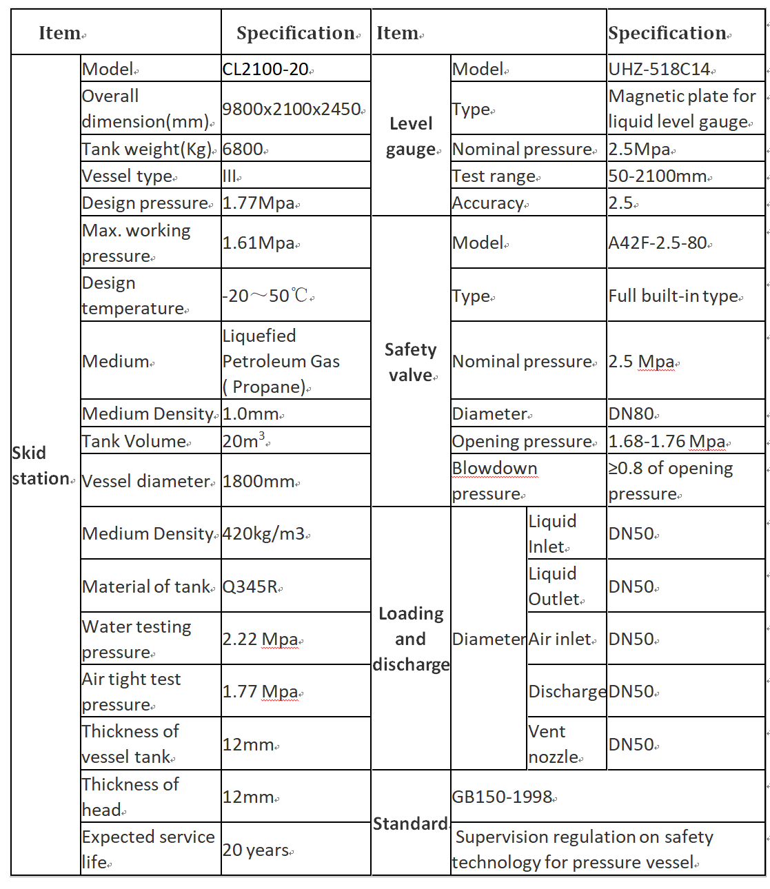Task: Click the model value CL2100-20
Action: tap(266, 69)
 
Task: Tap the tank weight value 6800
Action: tap(243, 149)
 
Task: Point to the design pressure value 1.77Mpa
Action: tap(259, 203)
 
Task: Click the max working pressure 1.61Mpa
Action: tap(259, 243)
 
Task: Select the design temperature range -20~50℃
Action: tap(265, 296)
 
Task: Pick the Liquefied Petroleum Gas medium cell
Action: tap(281, 361)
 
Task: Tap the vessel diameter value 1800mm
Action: tap(259, 481)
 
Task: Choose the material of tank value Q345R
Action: tap(250, 586)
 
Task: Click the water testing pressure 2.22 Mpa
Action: tap(260, 639)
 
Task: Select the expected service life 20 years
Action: tap(256, 850)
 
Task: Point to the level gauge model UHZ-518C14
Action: tap(660, 69)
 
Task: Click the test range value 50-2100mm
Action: tap(658, 176)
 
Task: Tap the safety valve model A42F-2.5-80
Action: tap(658, 243)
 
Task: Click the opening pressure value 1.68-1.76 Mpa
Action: tap(667, 441)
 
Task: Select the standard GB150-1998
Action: tap(503, 797)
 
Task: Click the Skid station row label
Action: tap(41, 466)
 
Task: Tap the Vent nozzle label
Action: tap(554, 744)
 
